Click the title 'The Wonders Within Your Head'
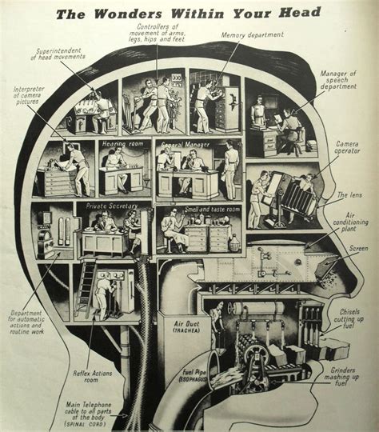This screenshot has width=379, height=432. click(x=189, y=12)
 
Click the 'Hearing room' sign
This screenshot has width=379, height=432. click(x=120, y=144)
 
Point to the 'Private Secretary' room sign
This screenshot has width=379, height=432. click(x=106, y=206)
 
